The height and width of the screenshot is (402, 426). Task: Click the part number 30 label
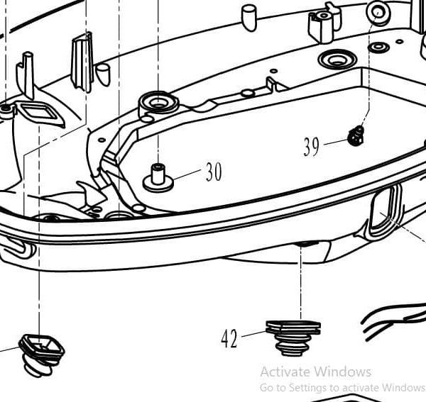pos(214,172)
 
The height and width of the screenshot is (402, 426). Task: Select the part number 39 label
pos(311,147)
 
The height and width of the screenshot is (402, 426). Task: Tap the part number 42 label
pos(229,340)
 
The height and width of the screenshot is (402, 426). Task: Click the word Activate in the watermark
pos(285,372)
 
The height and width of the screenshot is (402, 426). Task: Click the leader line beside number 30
pos(188,174)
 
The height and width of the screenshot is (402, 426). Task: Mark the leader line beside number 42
pos(253,333)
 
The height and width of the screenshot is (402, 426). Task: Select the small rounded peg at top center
pos(248,18)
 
